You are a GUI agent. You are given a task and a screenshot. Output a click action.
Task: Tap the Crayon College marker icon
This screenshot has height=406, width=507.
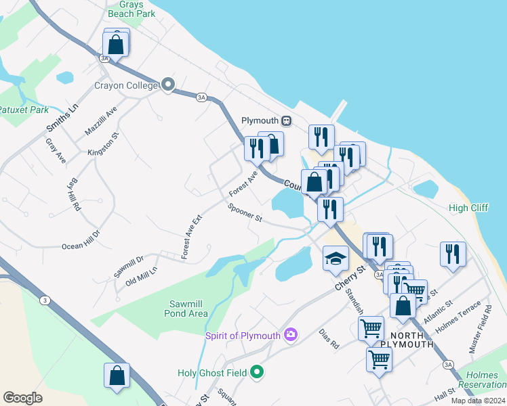pos(168,85)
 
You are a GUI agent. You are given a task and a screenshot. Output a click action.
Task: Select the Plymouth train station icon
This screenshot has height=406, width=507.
pos(287,120)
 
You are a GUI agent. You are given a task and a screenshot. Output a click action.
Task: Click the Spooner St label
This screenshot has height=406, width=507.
pos(245,213)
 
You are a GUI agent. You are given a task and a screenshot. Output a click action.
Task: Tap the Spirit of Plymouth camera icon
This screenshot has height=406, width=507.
pos(291,334)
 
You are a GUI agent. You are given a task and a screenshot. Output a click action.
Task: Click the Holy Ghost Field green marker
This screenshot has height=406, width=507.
pos(256,372)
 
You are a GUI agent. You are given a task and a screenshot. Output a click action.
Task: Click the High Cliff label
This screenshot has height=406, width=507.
pos(468,208)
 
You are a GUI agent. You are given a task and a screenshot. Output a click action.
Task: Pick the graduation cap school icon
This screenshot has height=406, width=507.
pos(336,258)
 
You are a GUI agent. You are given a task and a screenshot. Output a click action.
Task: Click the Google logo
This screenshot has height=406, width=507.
pos(22,397)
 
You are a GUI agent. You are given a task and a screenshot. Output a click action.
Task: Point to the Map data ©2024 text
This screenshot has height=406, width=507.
pos(478,401)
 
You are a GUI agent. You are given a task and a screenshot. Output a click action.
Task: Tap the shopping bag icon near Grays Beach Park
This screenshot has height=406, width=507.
pos(117,45)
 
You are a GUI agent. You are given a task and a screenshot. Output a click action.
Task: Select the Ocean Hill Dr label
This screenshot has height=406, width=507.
pos(81,240)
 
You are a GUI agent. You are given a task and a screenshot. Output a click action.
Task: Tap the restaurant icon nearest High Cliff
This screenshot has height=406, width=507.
pos(452,254)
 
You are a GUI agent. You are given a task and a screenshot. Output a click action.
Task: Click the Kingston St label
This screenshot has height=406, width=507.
pos(103,144)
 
